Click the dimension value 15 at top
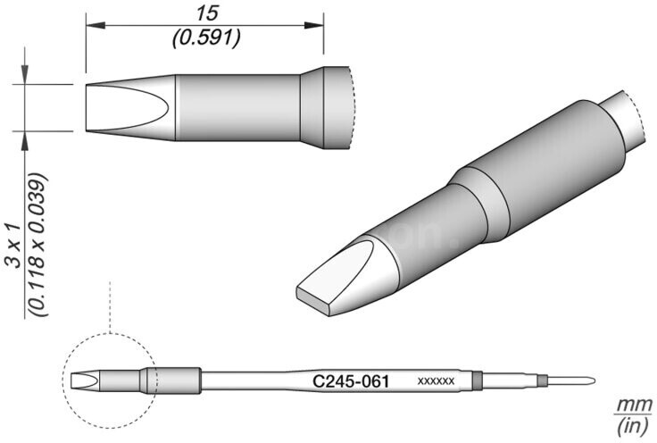click(x=207, y=13)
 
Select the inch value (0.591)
click(x=206, y=38)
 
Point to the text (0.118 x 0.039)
click(x=37, y=245)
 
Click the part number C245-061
click(x=351, y=381)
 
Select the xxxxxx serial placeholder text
click(x=436, y=381)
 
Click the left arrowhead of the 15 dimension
click(x=96, y=26)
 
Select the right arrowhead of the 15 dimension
click(x=314, y=26)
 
